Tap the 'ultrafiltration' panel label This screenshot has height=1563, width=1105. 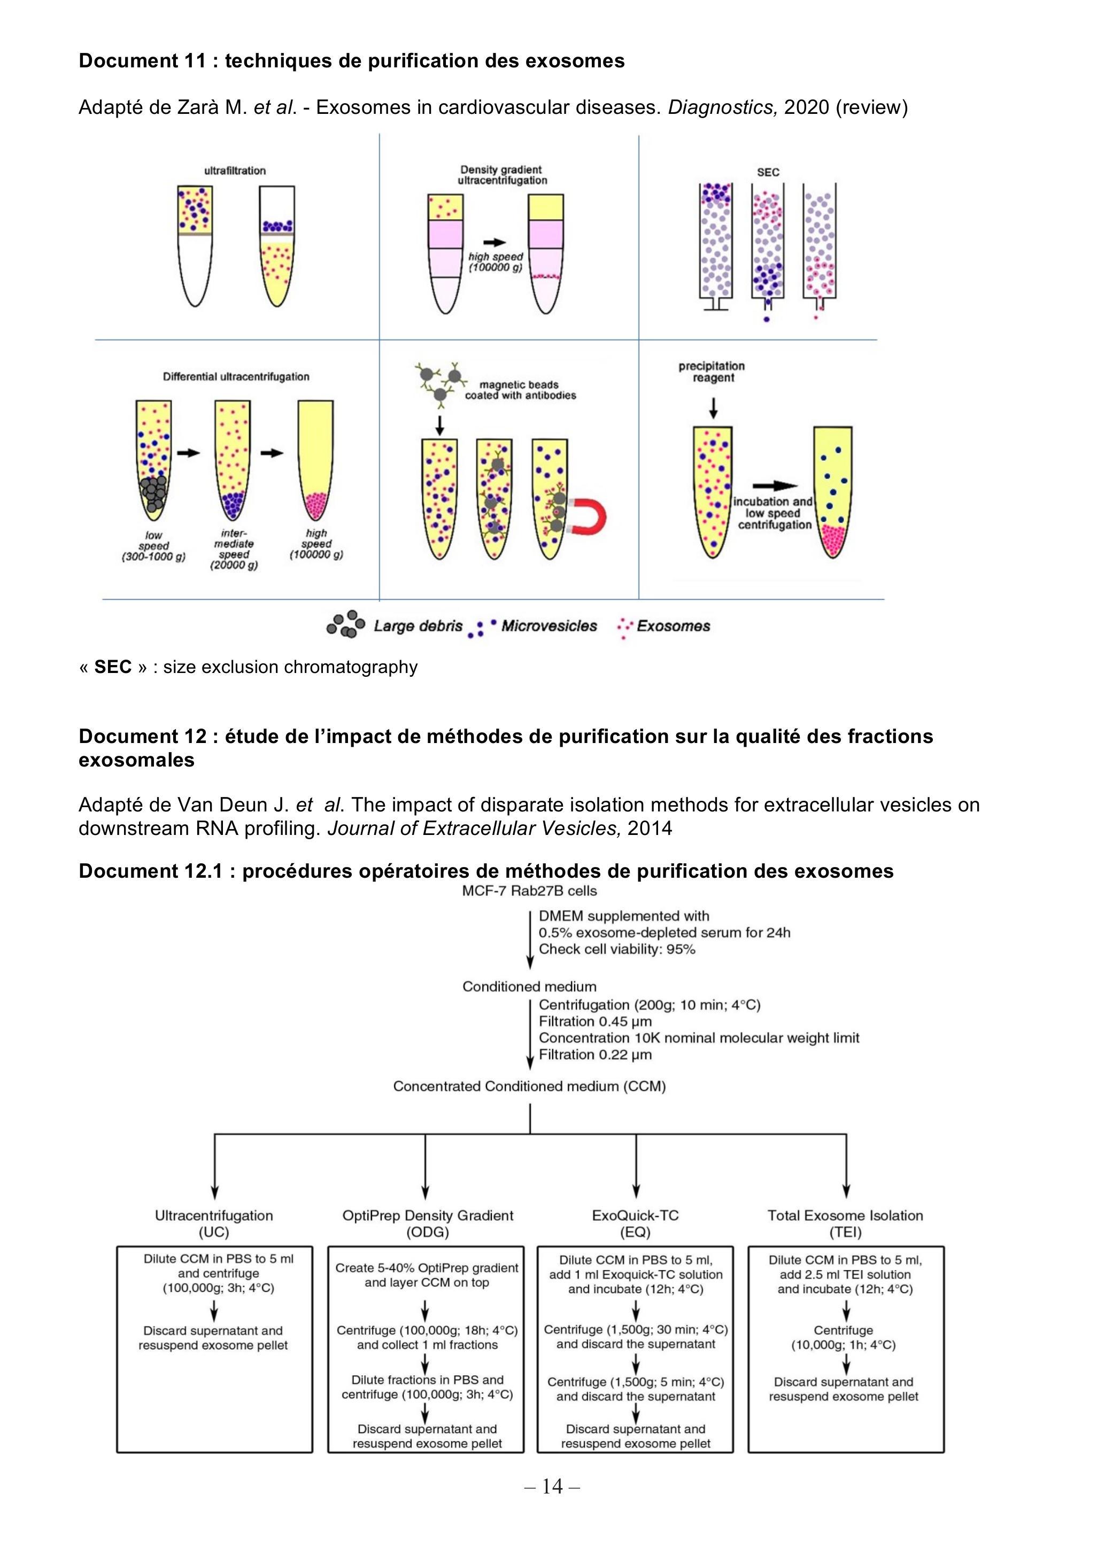[x=235, y=171]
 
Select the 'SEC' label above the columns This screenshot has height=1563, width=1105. [x=768, y=172]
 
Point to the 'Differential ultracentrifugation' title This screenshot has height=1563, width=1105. [x=236, y=376]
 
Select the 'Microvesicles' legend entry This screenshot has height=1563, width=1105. [x=532, y=627]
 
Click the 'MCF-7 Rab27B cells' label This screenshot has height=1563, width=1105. [x=530, y=891]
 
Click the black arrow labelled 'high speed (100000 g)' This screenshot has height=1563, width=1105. [x=495, y=242]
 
